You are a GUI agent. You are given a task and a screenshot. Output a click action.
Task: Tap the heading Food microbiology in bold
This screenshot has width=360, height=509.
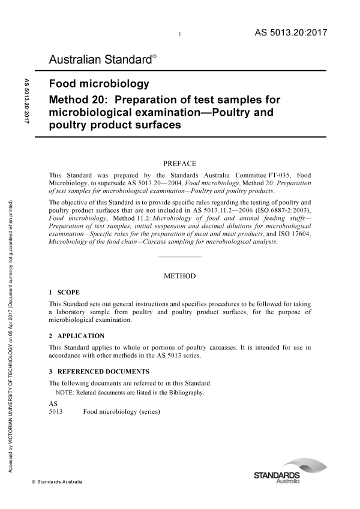tap(99, 84)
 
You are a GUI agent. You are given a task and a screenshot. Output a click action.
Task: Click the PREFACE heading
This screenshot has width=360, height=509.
tap(179, 162)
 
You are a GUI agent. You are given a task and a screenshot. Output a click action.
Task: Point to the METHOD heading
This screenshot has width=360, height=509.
tap(179, 276)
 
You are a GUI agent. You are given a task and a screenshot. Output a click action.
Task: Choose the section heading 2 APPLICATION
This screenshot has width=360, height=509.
tap(76, 336)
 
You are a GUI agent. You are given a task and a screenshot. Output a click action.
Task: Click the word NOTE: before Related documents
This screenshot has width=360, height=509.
tap(64, 393)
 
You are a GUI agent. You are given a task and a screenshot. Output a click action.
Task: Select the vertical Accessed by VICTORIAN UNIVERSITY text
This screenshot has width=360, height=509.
tap(11, 336)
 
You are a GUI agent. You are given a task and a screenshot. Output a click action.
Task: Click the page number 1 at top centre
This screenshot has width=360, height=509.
tap(180, 37)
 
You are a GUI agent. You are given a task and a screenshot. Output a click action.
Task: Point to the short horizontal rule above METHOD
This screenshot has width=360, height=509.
tap(179, 257)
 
